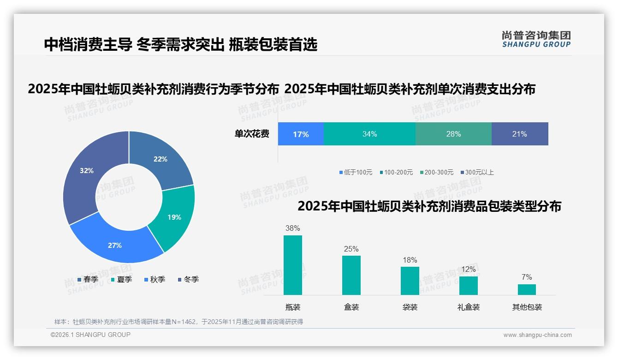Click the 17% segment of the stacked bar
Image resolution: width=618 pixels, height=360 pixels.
301,134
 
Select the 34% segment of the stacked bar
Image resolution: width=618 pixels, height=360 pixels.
369,134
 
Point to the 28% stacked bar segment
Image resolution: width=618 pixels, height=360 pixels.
453,134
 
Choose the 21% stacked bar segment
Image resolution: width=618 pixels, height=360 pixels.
520,134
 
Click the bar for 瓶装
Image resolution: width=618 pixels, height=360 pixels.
293,265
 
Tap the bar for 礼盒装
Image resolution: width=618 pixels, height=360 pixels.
469,285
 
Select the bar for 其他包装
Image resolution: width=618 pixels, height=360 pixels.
527,289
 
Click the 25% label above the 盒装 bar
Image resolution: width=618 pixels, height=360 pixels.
351,249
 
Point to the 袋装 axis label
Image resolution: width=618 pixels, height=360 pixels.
410,307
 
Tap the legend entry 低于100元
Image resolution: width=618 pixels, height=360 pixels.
356,172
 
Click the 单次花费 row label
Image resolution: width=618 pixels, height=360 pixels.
252,134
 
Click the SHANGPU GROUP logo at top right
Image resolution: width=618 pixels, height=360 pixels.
536,39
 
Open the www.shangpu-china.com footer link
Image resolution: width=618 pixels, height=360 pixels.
537,335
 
